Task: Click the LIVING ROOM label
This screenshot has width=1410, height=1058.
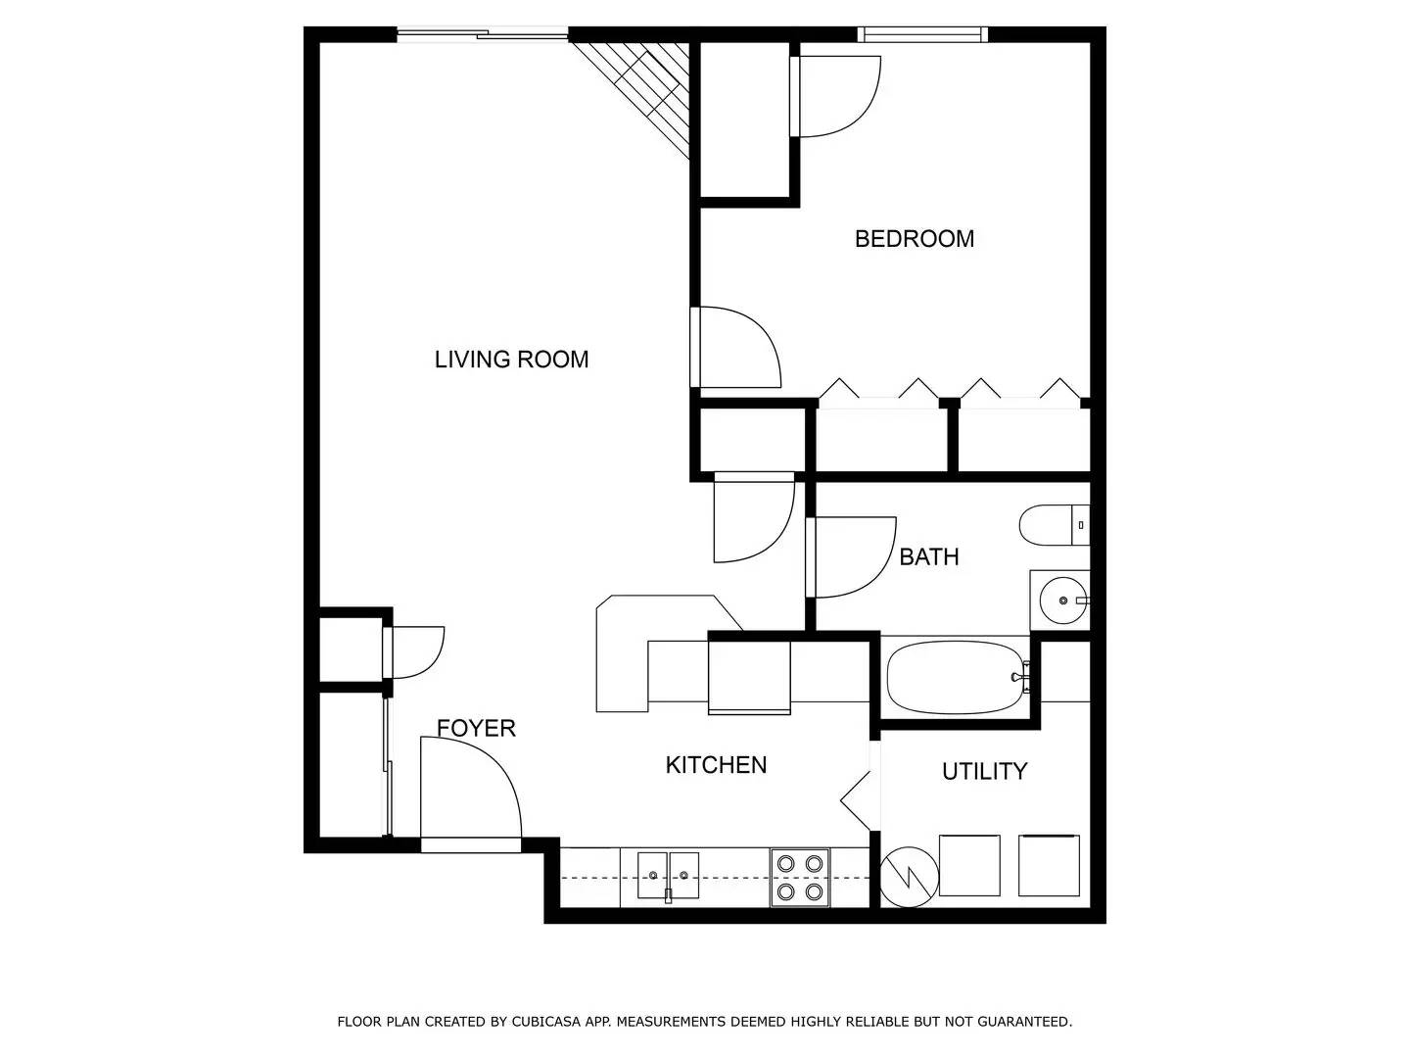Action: [x=511, y=360]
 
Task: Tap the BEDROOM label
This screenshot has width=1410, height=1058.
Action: [x=915, y=239]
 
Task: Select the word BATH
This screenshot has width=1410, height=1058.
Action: [x=928, y=557]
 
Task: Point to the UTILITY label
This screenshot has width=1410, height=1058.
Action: [x=984, y=772]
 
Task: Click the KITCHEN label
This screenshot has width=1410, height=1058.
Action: [x=716, y=765]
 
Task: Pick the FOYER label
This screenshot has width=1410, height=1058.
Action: [x=476, y=728]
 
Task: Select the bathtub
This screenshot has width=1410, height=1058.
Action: [x=956, y=677]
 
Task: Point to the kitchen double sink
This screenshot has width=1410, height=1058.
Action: [x=669, y=875]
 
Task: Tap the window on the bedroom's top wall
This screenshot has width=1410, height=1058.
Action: [x=922, y=35]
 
